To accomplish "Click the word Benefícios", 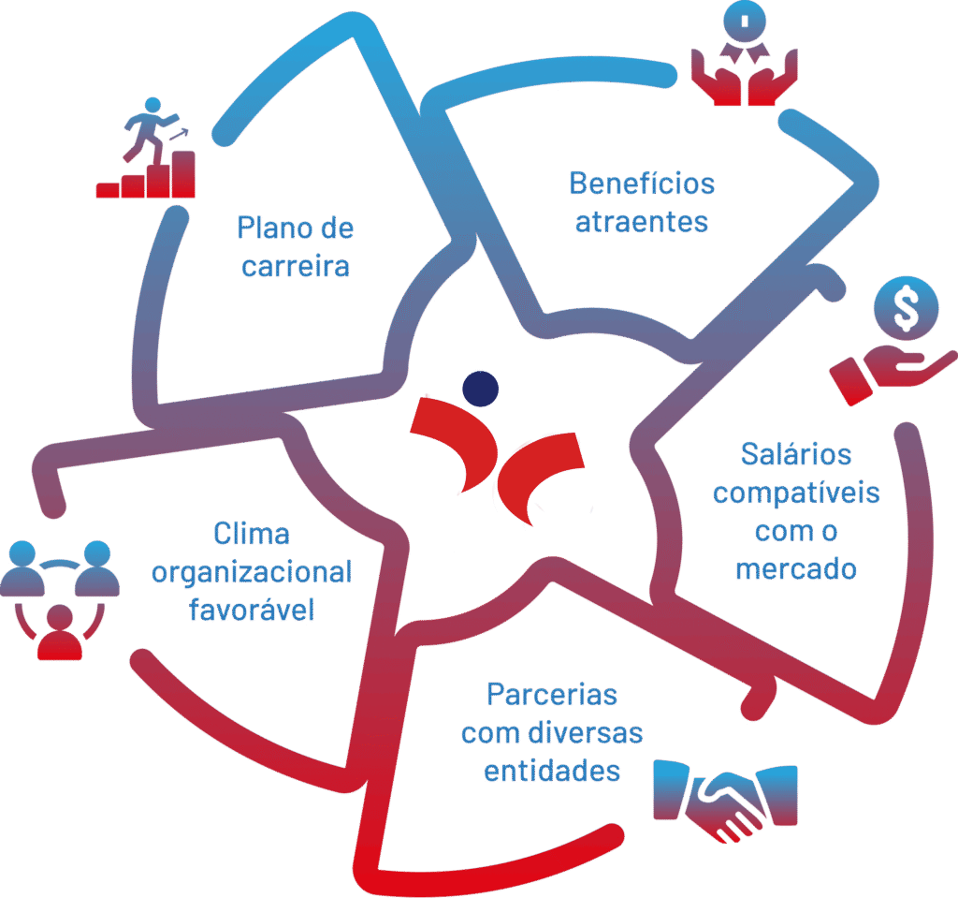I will [x=642, y=184].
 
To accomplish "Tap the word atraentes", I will [x=642, y=223].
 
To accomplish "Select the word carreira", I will [x=296, y=266].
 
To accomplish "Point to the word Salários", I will [x=796, y=454].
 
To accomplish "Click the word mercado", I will [x=796, y=567].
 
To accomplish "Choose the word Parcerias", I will [x=552, y=696].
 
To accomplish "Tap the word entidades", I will [x=552, y=771].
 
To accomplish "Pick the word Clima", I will [x=252, y=534].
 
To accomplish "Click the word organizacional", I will [x=252, y=572].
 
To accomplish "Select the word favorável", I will [x=252, y=610].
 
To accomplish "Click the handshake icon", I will [x=725, y=801].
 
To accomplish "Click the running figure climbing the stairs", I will [x=150, y=122].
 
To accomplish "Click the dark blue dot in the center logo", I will [x=481, y=388].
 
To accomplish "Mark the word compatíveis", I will [x=796, y=493].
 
